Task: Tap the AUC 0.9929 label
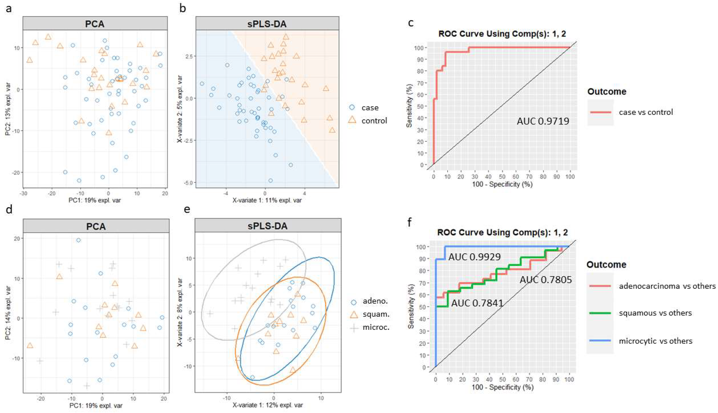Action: [x=474, y=257]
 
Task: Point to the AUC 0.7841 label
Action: [x=477, y=303]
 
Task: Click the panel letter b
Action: [x=183, y=9]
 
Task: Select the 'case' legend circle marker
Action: [x=352, y=108]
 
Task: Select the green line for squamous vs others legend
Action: [x=600, y=313]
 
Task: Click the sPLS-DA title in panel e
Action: [x=267, y=226]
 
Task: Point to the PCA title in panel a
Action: [x=95, y=23]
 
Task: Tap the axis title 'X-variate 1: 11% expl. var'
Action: [x=267, y=200]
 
